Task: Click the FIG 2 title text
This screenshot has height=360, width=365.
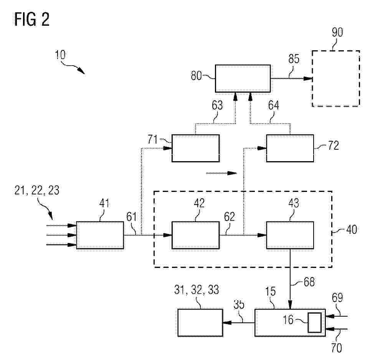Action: click(x=32, y=19)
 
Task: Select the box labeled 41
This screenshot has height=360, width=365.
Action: click(x=100, y=235)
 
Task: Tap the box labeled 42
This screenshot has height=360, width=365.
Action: click(x=195, y=235)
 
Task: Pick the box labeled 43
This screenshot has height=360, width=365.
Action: click(x=290, y=235)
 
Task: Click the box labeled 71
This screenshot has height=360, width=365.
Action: click(x=195, y=148)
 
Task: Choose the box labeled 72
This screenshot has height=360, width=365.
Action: click(x=290, y=148)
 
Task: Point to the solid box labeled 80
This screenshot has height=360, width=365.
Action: click(x=243, y=78)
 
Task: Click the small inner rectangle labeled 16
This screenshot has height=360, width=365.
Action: click(x=315, y=322)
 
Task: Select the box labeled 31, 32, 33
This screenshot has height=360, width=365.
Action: click(x=200, y=322)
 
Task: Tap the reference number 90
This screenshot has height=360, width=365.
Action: click(x=337, y=32)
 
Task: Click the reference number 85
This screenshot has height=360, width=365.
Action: click(x=294, y=59)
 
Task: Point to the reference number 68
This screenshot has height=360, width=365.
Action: click(x=309, y=282)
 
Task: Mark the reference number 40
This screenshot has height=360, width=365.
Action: click(x=352, y=230)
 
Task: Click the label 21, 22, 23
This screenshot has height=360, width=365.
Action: click(x=37, y=190)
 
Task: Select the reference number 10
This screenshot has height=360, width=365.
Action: click(x=60, y=55)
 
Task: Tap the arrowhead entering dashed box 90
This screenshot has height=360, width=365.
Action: click(x=308, y=78)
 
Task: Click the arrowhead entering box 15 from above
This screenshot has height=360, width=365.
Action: click(x=290, y=305)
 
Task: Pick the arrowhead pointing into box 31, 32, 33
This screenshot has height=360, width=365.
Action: click(x=227, y=322)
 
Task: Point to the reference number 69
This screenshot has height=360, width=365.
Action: click(x=337, y=297)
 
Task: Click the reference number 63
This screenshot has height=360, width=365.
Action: click(x=217, y=105)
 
